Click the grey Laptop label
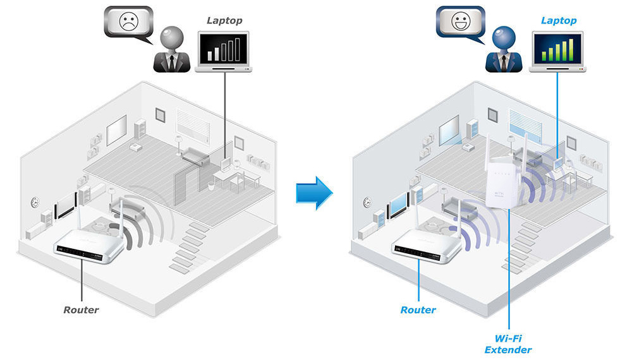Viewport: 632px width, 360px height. pos(224,21)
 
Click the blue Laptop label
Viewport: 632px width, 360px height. pos(559,21)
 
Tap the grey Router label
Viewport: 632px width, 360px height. pos(81,309)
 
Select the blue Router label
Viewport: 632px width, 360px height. pos(418,309)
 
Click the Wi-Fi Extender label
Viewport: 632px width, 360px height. pos(508,344)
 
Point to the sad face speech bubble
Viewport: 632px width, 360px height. pos(128,23)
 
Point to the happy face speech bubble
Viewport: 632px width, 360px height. pos(461,23)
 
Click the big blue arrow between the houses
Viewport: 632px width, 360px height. pos(314,193)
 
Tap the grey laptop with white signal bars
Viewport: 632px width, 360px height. pos(224,52)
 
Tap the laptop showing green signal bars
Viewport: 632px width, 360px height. pos(557,52)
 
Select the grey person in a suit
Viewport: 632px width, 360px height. pos(172,50)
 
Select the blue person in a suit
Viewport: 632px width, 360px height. pos(504,50)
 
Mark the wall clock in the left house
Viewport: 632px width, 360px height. pos(35,202)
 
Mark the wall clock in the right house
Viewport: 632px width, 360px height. pos(368,202)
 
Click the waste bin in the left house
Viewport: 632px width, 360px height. pos(211,186)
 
